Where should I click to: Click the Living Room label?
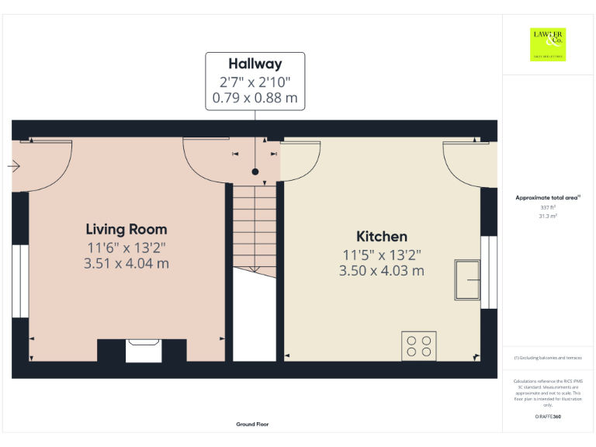tap(126, 229)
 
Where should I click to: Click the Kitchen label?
tap(381, 237)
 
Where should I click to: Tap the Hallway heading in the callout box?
tap(255, 64)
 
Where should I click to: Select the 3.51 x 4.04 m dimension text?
tap(126, 263)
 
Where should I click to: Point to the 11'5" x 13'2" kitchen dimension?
tap(381, 255)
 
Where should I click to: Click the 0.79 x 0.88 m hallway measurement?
tap(255, 99)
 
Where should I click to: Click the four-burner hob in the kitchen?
tap(419, 345)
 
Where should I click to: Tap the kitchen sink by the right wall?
tap(468, 279)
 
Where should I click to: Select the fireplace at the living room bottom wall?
tap(144, 350)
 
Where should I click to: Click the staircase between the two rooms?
tap(254, 225)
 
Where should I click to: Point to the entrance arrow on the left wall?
tap(14, 165)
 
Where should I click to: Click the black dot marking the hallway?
tap(255, 172)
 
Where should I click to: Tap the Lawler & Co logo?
tap(548, 44)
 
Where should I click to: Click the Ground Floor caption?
tap(253, 424)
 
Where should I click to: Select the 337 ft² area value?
tap(548, 208)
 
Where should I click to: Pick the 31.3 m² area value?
tap(548, 217)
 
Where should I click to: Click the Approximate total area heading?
tap(548, 198)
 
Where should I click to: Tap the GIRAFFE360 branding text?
tap(548, 418)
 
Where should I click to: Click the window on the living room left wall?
tap(20, 280)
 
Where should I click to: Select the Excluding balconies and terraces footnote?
tap(548, 358)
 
